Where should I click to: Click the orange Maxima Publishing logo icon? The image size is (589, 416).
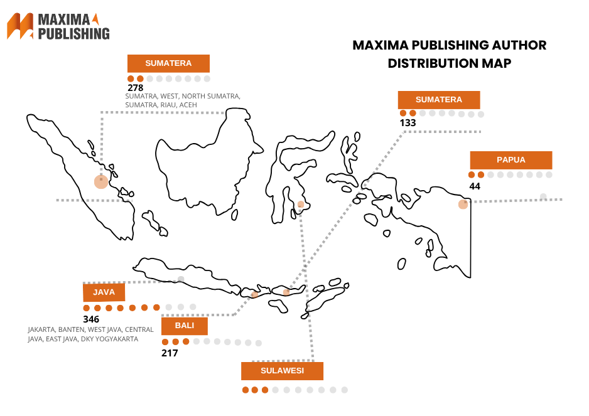coord(20,26)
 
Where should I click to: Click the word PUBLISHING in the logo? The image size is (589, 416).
coord(74,33)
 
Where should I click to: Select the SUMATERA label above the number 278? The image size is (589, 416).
coord(168,63)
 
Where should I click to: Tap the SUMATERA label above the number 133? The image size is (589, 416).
coord(439,100)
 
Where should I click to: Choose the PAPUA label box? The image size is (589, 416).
coord(511,159)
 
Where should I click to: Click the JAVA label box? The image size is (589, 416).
coord(104,292)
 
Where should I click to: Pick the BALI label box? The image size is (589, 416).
coord(184,326)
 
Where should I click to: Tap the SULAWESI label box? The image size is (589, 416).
coord(282,371)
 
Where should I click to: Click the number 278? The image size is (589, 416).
coord(136,88)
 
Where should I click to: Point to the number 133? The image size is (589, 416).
coord(408,123)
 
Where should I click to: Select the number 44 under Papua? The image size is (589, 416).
coord(475,186)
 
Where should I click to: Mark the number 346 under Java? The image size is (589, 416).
coord(91,319)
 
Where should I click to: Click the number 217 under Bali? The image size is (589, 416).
coord(170,353)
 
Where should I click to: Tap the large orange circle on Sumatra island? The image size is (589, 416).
coord(101,182)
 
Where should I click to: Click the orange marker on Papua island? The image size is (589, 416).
coord(463,204)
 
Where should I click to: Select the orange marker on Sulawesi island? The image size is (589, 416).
coord(301,204)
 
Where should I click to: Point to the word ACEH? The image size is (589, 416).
coord(188,105)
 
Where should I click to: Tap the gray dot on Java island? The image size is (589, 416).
coord(181,279)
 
